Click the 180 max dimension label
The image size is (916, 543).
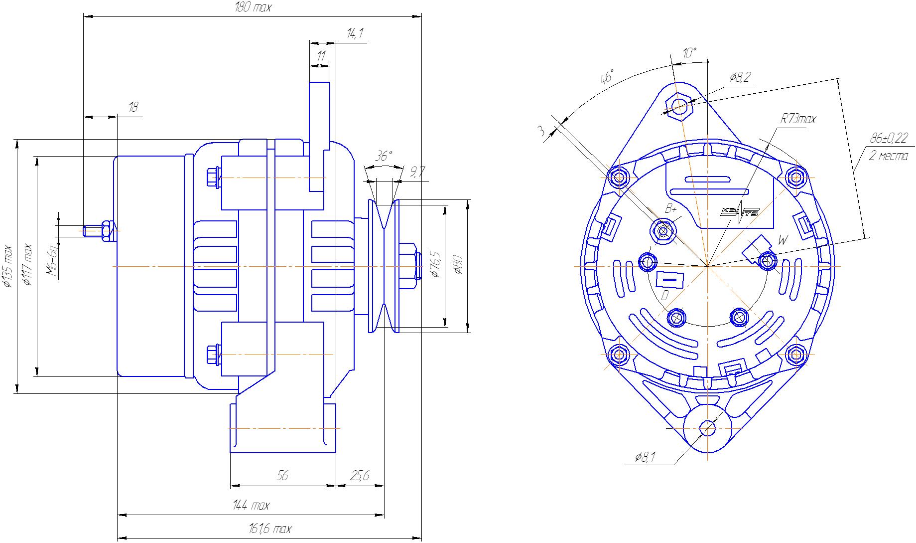(253, 8)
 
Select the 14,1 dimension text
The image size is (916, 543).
(355, 34)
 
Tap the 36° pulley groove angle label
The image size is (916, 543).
(383, 156)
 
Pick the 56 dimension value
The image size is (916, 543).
(282, 476)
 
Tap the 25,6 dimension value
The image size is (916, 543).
(360, 476)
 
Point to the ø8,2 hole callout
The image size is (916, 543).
(740, 77)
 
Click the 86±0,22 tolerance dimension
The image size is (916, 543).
(889, 137)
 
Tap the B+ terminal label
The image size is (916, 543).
(670, 208)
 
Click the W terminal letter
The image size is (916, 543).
(783, 240)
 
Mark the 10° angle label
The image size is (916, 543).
(689, 53)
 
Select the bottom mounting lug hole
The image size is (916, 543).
(707, 428)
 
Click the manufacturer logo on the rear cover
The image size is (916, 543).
(739, 212)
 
